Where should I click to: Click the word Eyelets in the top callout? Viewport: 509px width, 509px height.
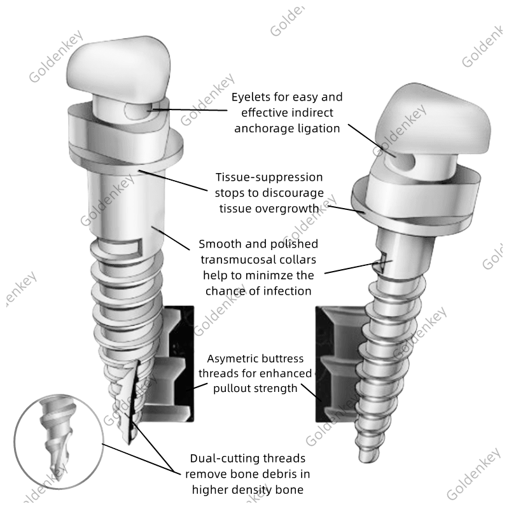[251, 97]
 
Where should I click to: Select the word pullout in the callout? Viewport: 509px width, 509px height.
[235, 387]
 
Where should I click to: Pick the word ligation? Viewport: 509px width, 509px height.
[320, 128]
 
